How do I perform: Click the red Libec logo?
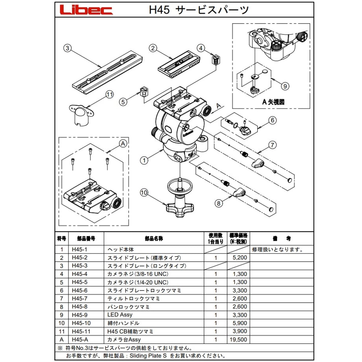point(86,10)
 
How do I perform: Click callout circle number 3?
point(67,48)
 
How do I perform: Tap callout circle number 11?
point(110,94)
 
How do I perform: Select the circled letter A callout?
point(123,144)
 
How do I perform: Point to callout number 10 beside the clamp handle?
point(144,192)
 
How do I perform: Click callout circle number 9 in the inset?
point(285,86)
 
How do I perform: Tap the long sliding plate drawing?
point(107,72)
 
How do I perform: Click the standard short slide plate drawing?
point(179,65)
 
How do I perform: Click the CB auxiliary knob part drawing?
point(81,115)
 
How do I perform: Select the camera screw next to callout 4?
point(216,60)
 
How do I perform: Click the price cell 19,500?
point(238,340)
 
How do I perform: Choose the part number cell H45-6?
point(79,290)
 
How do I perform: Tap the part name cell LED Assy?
point(120,315)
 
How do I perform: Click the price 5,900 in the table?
point(240,323)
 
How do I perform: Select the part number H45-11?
point(81,332)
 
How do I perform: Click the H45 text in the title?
point(159,10)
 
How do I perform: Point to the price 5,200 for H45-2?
point(240,258)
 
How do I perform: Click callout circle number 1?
point(144,160)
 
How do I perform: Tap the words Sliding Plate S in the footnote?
point(148,356)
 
